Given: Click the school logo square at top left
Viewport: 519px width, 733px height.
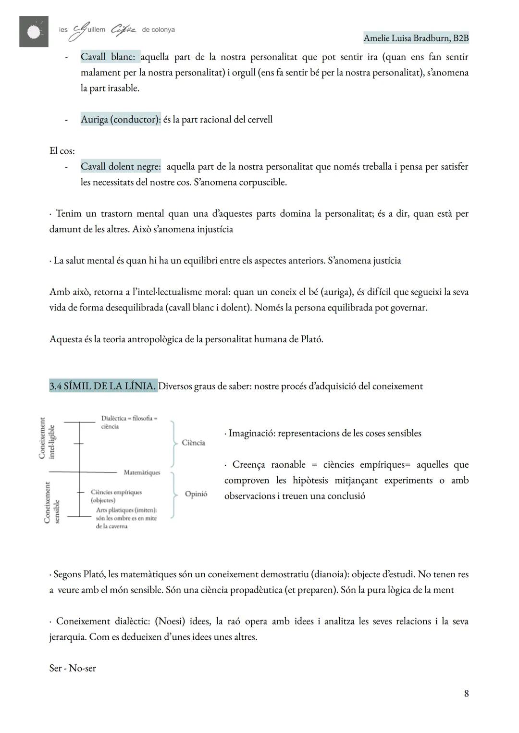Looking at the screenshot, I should click(x=34, y=31).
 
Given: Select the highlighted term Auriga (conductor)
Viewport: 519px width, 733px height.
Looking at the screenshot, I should click(x=121, y=120).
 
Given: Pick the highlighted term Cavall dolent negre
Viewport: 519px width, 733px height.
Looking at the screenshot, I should click(x=121, y=167).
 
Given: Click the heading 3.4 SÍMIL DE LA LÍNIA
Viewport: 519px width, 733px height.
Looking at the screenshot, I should click(x=103, y=386).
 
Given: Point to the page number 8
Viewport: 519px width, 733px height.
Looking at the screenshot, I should click(x=466, y=694).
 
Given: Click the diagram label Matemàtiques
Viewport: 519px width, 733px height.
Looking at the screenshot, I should click(x=142, y=473).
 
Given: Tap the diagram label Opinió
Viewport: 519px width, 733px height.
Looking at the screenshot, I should click(x=196, y=494).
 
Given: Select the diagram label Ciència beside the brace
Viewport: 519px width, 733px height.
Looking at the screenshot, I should click(x=193, y=443).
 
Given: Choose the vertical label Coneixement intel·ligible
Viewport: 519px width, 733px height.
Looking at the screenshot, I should click(x=47, y=438).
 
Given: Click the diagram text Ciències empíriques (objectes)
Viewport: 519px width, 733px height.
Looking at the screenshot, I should click(x=116, y=496).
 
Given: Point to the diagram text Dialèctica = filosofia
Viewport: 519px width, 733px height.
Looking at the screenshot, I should click(x=129, y=419).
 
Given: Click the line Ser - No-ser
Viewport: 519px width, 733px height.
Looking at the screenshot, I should click(x=73, y=669).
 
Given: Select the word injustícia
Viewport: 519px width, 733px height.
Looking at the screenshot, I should click(x=215, y=229).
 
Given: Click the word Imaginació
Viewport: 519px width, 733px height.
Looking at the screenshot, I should click(x=251, y=434).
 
